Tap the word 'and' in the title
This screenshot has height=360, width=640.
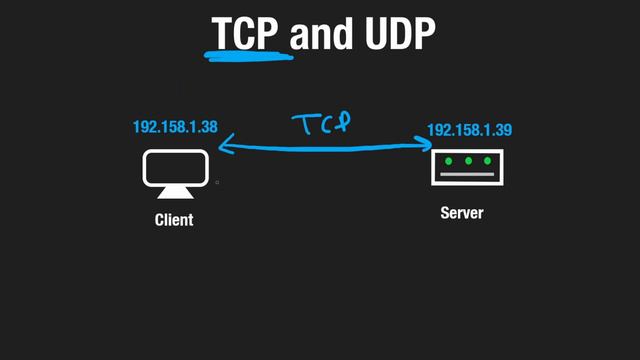tap(323, 33)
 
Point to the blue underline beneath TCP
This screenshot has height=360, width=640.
tap(248, 54)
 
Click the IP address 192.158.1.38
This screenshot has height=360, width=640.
tap(175, 128)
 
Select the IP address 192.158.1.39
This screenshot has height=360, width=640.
tap(469, 131)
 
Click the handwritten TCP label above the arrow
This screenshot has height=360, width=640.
tap(322, 124)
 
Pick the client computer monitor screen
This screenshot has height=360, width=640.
tap(175, 167)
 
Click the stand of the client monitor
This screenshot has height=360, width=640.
tap(175, 192)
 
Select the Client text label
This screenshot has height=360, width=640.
tap(174, 219)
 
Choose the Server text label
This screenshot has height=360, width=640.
tap(462, 213)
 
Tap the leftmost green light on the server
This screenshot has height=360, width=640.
tap(449, 161)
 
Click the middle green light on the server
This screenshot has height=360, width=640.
tap(468, 161)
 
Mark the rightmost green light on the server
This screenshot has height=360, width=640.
tap(487, 161)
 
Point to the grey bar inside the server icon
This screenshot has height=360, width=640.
tap(467, 175)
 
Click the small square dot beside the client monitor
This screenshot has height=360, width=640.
tap(217, 183)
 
